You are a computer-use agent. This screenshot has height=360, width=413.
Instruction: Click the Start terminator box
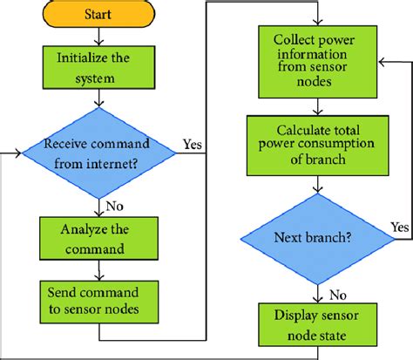point(98,16)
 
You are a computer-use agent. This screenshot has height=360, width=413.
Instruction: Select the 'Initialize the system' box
point(98,68)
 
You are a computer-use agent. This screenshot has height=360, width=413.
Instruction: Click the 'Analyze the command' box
point(98,239)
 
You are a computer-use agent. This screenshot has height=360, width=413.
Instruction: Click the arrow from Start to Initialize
point(98,38)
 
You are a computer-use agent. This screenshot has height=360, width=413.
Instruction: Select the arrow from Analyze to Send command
point(98,268)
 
